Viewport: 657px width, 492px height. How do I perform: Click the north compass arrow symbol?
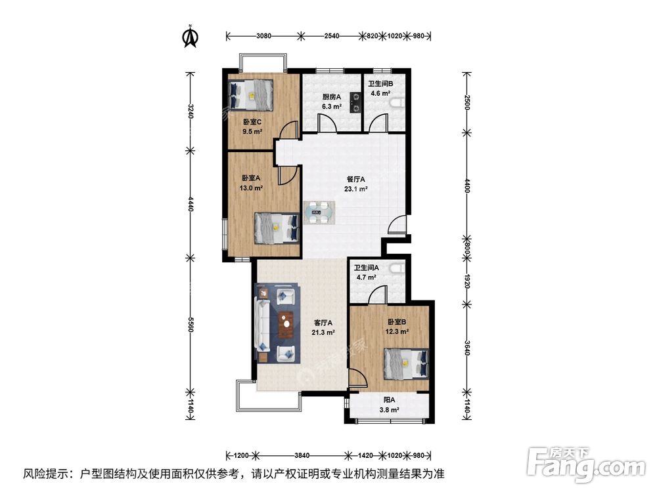coord(191,37)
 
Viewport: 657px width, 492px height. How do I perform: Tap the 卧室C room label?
coord(252,122)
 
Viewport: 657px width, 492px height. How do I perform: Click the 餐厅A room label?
coord(355,178)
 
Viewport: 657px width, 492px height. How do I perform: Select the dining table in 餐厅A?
coord(320,211)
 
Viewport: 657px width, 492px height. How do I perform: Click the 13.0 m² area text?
coord(252,188)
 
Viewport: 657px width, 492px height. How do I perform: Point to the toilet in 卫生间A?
coord(396,270)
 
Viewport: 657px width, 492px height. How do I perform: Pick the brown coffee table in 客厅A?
coord(285,326)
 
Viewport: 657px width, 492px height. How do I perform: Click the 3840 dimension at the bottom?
coord(302,455)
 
